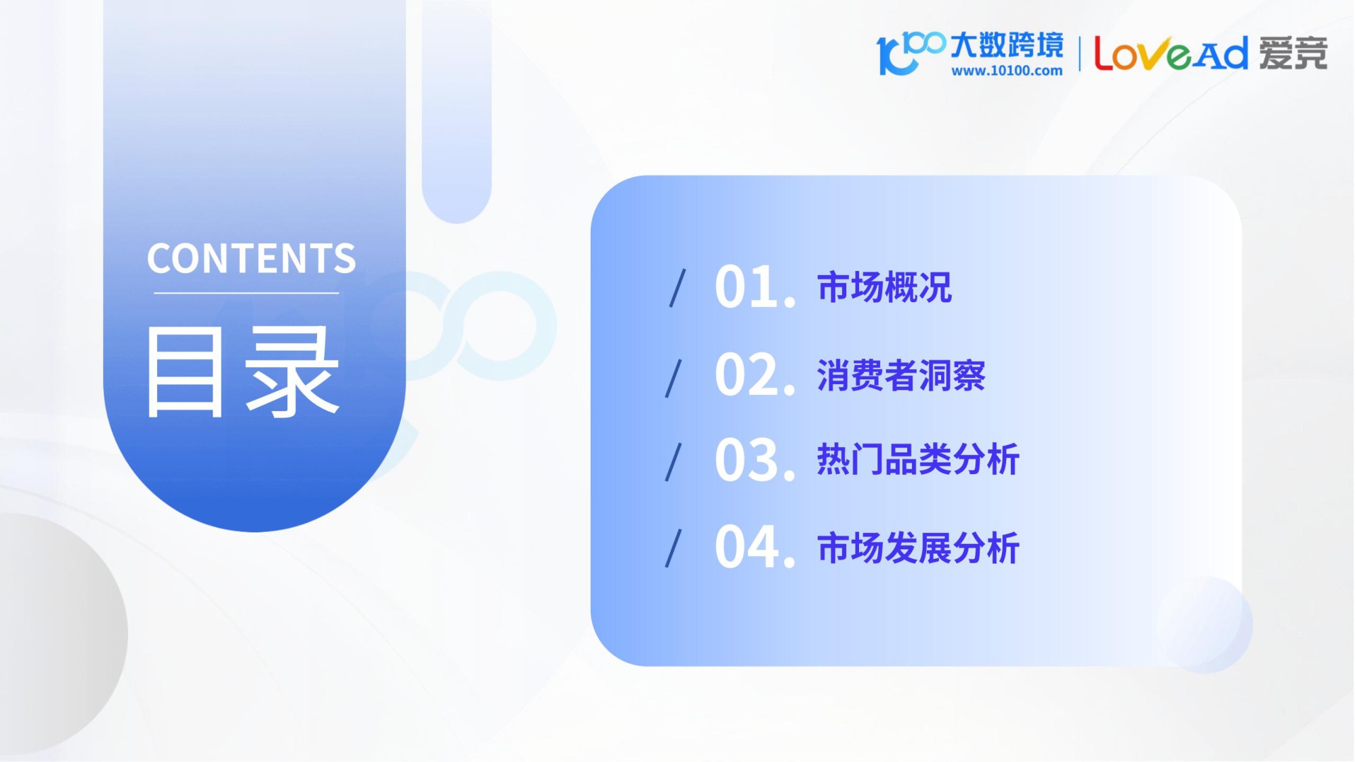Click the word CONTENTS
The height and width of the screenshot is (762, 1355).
point(251,259)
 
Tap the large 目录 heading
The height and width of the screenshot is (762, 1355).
point(243,372)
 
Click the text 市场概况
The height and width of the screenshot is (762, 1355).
point(885,287)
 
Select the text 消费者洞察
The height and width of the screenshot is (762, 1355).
point(901,375)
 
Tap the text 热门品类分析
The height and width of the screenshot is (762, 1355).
point(918,460)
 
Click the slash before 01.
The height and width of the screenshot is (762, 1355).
point(677,288)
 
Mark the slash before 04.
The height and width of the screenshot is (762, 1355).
point(673,549)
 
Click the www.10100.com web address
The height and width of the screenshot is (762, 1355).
point(1007,70)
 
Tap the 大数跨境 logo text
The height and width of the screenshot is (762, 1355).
point(1007,45)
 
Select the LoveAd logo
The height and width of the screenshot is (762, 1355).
point(1170,54)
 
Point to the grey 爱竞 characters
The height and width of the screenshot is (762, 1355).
point(1293,54)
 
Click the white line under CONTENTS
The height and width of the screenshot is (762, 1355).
point(246,293)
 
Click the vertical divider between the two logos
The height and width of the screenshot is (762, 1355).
point(1079,54)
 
